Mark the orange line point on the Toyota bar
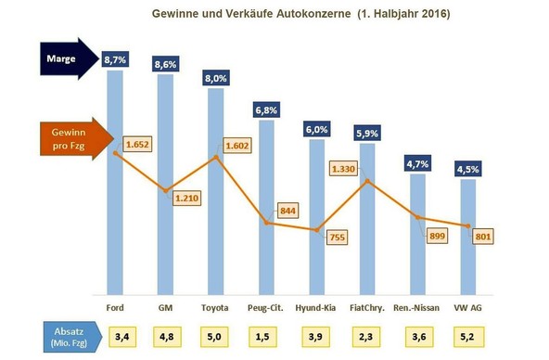coord(216,157)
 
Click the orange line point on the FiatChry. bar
coord(367,181)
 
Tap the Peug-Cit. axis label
coord(266,308)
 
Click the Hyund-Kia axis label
coord(317,308)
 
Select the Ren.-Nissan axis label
coord(417,308)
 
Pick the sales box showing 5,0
coord(216,335)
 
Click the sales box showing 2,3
coord(367,335)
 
